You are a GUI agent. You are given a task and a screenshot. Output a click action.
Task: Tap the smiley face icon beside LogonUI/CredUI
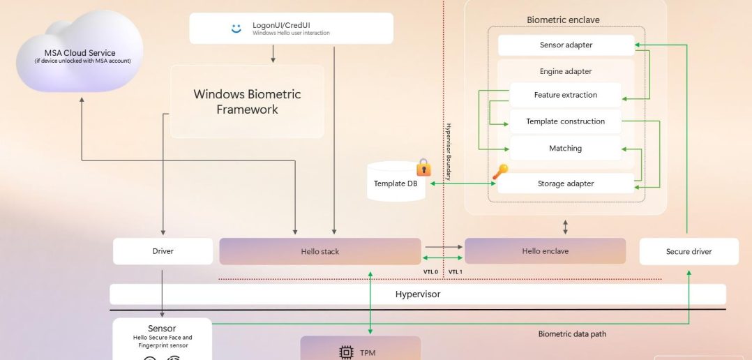tap(236, 28)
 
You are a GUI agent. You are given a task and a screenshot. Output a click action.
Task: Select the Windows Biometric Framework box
tap(247, 102)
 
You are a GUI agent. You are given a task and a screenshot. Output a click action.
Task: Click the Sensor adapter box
tap(566, 45)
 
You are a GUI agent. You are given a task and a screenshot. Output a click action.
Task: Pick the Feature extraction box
tap(565, 95)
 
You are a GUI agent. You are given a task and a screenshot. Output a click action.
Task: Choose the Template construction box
tap(565, 121)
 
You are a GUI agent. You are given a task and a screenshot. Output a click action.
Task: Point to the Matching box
tap(565, 148)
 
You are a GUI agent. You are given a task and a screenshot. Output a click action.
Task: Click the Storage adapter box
tap(565, 183)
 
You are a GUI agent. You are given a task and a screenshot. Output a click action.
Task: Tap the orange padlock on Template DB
tap(423, 167)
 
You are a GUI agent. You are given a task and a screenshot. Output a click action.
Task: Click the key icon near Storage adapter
tap(500, 170)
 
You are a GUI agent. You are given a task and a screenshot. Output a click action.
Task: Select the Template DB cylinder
tap(395, 183)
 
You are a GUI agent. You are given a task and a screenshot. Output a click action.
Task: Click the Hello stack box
tap(320, 251)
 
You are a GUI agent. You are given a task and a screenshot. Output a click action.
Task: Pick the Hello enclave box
tap(545, 251)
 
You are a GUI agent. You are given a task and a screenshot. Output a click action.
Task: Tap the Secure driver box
tap(689, 252)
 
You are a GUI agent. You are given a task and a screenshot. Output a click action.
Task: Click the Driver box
tap(163, 251)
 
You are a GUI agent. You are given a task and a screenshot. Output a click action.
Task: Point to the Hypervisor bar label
tap(418, 294)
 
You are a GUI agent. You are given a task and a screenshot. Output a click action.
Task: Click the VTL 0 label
tap(431, 271)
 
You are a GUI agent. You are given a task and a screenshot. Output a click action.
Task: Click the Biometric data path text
tap(572, 334)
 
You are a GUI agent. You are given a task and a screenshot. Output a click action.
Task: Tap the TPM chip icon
tap(346, 352)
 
